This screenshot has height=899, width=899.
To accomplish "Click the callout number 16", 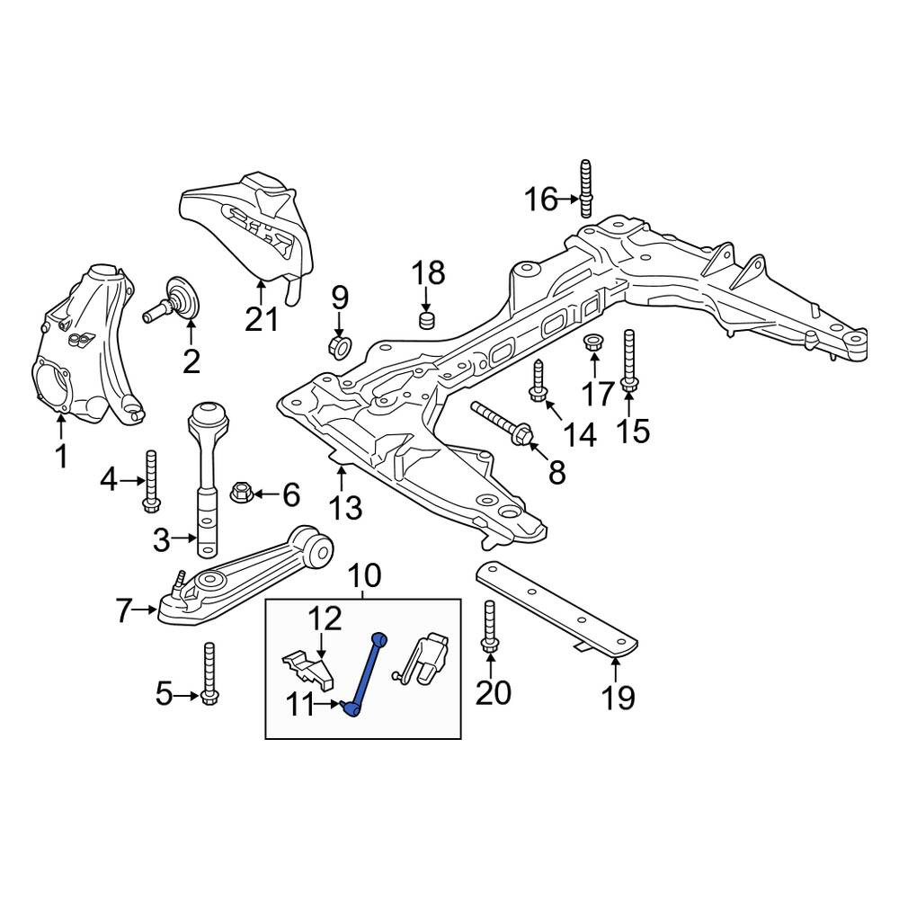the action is (x=541, y=200).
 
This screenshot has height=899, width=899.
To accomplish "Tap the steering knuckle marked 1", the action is (x=86, y=346).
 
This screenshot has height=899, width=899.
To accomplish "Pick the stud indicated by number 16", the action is (x=586, y=189).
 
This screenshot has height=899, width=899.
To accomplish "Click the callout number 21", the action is (x=262, y=319).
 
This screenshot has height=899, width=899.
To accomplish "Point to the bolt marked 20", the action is (x=489, y=626).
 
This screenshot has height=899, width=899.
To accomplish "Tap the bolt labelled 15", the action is (x=628, y=361).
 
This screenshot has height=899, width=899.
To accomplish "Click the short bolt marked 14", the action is (x=539, y=380).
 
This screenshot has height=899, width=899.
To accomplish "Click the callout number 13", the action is (x=346, y=507).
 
